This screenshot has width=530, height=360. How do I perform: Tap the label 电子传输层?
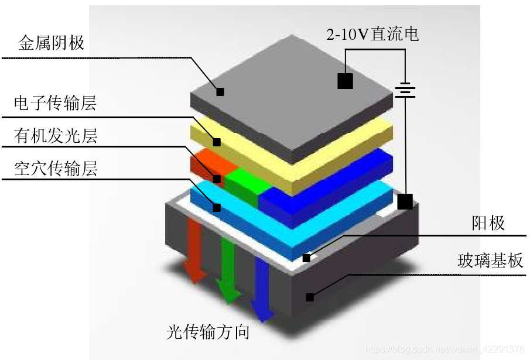coord(56,104)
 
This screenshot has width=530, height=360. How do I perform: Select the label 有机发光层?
coord(56,136)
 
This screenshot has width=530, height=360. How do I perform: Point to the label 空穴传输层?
coord(56,169)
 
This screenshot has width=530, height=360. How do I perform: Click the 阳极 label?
coord(488,223)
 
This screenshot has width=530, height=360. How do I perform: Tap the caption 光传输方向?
coord(208,332)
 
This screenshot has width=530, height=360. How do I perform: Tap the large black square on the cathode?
coord(346,81)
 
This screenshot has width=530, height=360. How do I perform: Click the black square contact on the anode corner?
coord(405,202)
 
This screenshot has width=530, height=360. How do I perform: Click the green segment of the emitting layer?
coord(241,182)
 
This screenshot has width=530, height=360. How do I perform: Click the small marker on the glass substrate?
coord(310,297)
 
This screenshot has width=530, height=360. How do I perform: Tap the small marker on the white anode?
coord(306,258)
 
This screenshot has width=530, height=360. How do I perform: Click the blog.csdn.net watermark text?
coord(444,349)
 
